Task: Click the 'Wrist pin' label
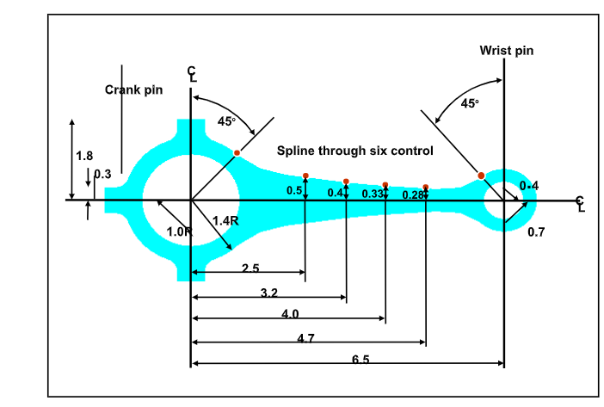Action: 506,51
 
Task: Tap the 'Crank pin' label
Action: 134,89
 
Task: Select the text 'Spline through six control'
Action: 354,151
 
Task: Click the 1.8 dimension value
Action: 84,157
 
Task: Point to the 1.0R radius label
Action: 179,231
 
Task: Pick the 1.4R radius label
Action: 225,220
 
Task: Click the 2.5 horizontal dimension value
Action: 250,269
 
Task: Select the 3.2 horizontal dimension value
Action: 268,293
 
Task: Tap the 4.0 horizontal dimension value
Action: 290,314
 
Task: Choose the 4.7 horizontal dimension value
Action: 305,338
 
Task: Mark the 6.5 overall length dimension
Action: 361,360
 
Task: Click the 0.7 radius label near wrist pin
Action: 536,232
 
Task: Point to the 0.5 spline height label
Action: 294,191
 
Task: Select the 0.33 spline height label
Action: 372,194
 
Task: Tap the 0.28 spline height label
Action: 413,195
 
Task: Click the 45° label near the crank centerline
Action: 226,121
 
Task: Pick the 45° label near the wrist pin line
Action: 470,103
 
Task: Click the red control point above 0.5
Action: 305,176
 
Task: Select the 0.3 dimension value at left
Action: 103,175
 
